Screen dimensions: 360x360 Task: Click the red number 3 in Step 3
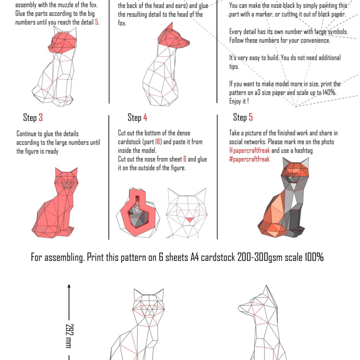(41, 117)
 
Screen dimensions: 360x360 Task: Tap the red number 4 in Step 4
(145, 117)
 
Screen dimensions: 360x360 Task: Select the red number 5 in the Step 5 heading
(251, 117)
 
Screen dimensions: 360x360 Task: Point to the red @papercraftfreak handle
(250, 151)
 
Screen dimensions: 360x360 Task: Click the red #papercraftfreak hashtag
(249, 159)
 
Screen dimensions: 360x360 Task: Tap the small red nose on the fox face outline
(189, 220)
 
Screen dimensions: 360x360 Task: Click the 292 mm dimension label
(69, 335)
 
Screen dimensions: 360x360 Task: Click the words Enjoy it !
(239, 101)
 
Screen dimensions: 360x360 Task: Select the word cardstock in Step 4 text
(130, 142)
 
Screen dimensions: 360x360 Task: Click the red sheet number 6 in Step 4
(185, 159)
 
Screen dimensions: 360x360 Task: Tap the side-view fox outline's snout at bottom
(243, 308)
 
